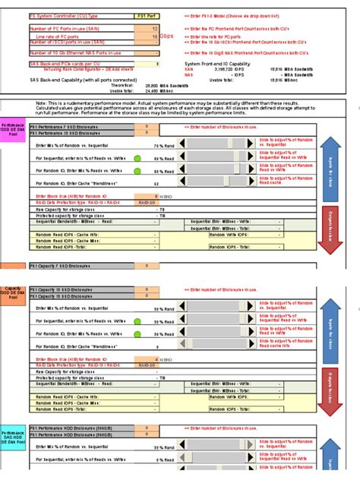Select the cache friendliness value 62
click(x=156, y=183)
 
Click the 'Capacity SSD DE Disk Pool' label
click(x=13, y=293)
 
